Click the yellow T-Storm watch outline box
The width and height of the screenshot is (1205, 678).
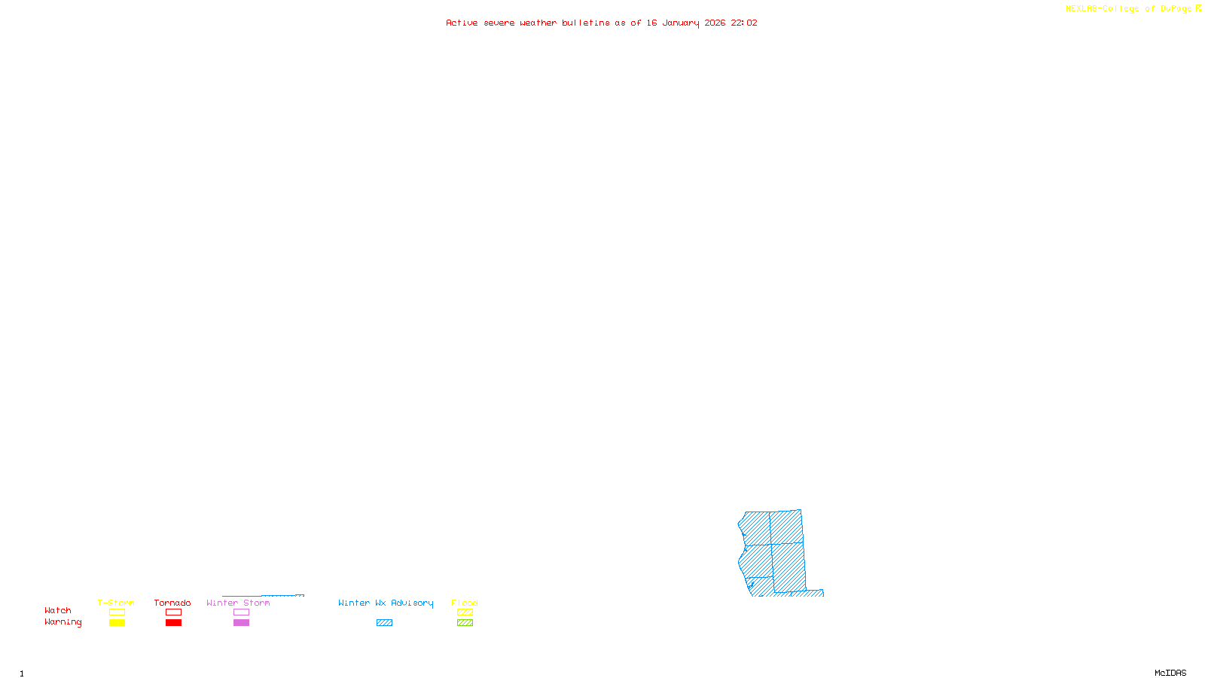point(117,612)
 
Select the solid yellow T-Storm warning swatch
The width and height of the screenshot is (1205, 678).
point(117,623)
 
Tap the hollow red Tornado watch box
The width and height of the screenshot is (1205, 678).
point(173,612)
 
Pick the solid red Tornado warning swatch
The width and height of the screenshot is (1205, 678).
point(173,623)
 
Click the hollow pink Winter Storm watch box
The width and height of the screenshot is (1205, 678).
point(241,612)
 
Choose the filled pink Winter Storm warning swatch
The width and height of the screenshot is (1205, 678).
point(241,623)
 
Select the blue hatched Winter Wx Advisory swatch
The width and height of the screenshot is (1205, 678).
point(384,623)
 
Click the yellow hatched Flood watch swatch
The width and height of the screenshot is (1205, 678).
point(465,612)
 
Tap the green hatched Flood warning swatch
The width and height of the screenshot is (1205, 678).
point(465,623)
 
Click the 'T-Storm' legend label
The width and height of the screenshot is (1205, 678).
point(116,603)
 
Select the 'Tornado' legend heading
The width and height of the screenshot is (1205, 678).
point(172,603)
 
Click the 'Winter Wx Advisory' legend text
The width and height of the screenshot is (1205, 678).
point(386,603)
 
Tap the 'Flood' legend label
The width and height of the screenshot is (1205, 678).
point(465,603)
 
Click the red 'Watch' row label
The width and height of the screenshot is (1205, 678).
point(58,611)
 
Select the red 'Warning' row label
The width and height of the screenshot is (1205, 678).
point(63,622)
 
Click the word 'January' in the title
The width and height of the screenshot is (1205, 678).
point(681,23)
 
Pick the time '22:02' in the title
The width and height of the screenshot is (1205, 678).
point(744,23)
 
